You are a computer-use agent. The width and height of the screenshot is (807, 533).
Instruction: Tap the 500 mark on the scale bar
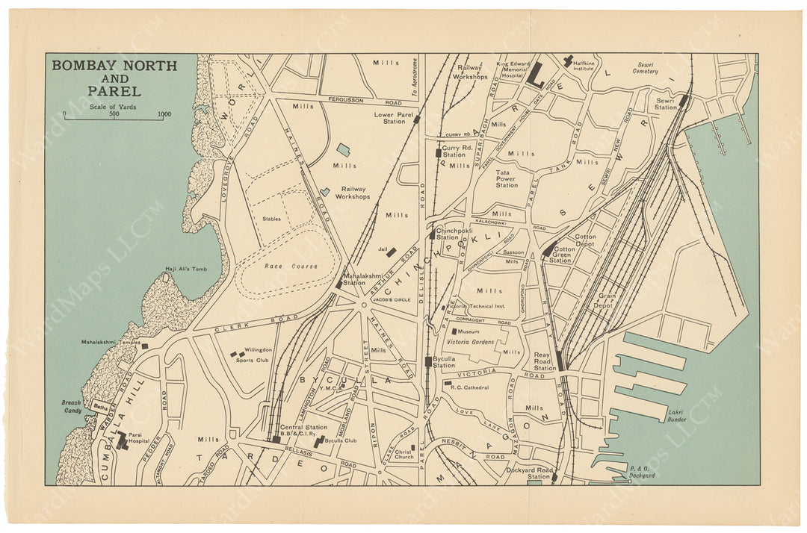[114, 114]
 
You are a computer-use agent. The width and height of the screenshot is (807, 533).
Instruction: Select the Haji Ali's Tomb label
[183, 269]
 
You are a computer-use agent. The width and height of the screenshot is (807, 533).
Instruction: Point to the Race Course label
[290, 266]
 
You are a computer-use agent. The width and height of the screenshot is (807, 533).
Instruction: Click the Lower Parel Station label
[389, 118]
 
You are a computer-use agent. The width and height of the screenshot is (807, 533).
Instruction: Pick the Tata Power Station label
[507, 179]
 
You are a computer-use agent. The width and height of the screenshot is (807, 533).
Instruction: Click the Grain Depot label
[605, 301]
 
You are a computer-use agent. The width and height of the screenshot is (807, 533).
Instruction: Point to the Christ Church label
[403, 456]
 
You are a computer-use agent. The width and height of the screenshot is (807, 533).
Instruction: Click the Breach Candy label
[71, 407]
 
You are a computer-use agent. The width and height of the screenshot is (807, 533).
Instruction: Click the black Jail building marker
[391, 252]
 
